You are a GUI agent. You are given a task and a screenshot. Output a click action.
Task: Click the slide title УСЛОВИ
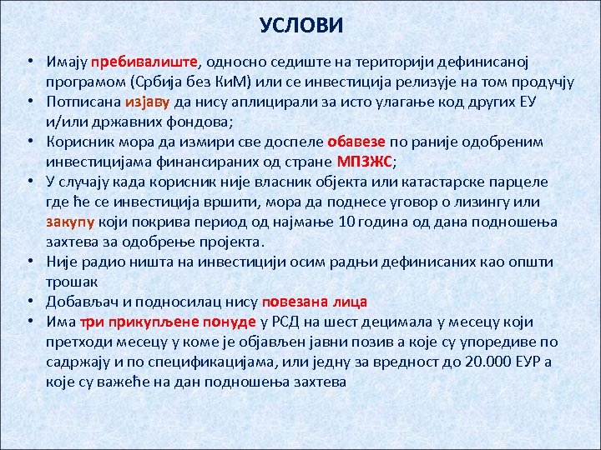coord(300,26)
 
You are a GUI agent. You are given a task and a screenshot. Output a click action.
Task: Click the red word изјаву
coord(149,102)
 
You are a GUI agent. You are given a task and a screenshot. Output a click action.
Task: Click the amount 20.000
coord(485,362)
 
